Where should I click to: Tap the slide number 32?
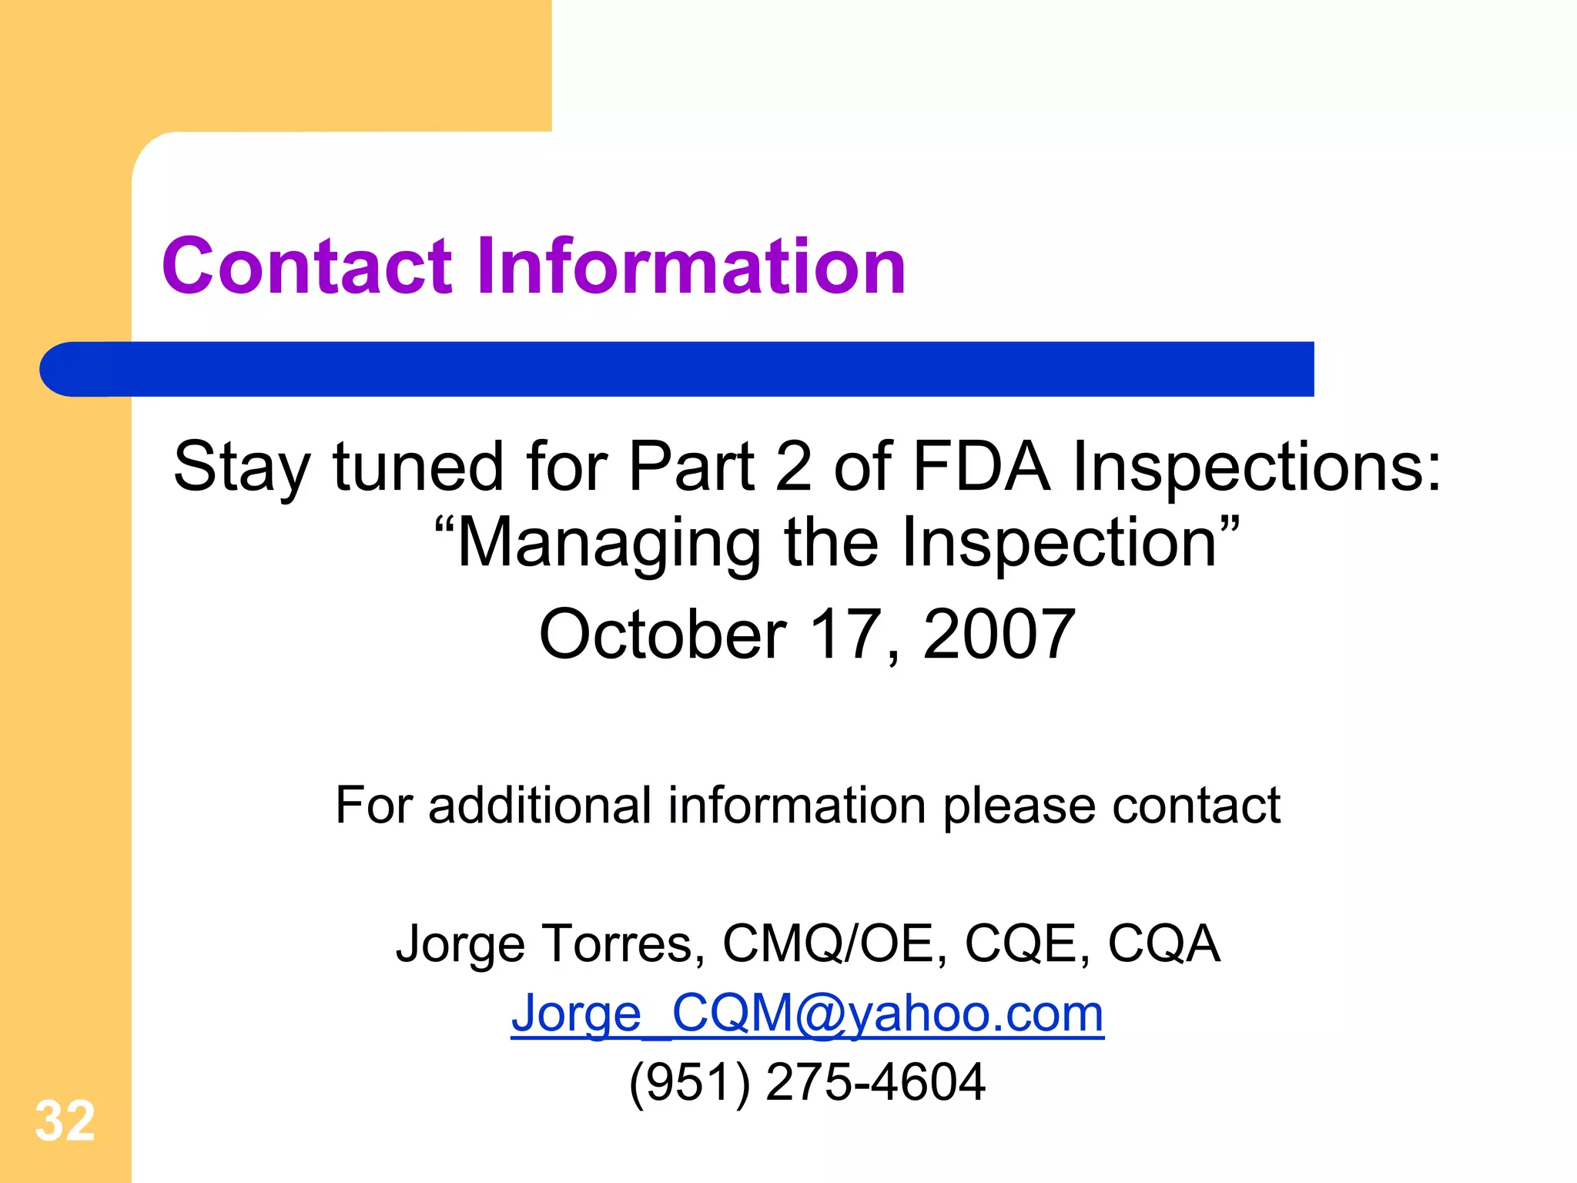tap(65, 1121)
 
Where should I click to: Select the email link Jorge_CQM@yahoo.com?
tap(807, 1013)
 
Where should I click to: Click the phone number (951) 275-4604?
tap(807, 1082)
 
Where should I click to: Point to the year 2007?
tap(999, 634)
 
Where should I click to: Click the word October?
tap(662, 634)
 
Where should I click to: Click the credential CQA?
tap(1164, 943)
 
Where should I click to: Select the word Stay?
tap(242, 468)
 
